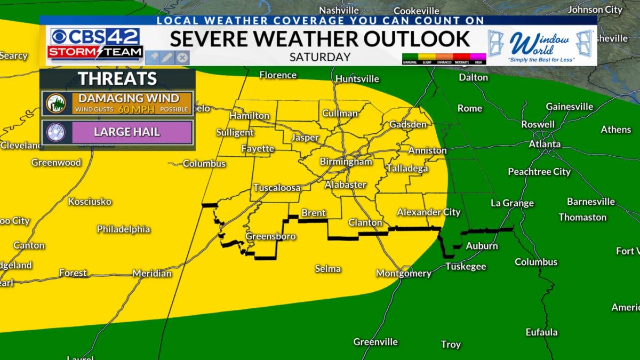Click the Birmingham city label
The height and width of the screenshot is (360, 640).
346,162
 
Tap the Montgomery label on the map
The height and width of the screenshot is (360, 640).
403,273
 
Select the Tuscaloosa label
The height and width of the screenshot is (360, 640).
277,188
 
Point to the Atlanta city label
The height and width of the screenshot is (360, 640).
545,144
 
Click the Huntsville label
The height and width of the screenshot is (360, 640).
357,79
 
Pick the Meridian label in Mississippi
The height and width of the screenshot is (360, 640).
152,273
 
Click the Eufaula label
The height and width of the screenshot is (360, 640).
541,332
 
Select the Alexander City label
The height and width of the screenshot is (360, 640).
428,212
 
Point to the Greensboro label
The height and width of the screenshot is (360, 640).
270,236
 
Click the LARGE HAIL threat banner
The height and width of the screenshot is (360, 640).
126,132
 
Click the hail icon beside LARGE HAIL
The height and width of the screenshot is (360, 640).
55,132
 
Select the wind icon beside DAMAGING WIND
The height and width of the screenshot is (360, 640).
55,103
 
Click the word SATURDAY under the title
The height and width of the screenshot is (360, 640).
320,57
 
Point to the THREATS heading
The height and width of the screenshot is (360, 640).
117,79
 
